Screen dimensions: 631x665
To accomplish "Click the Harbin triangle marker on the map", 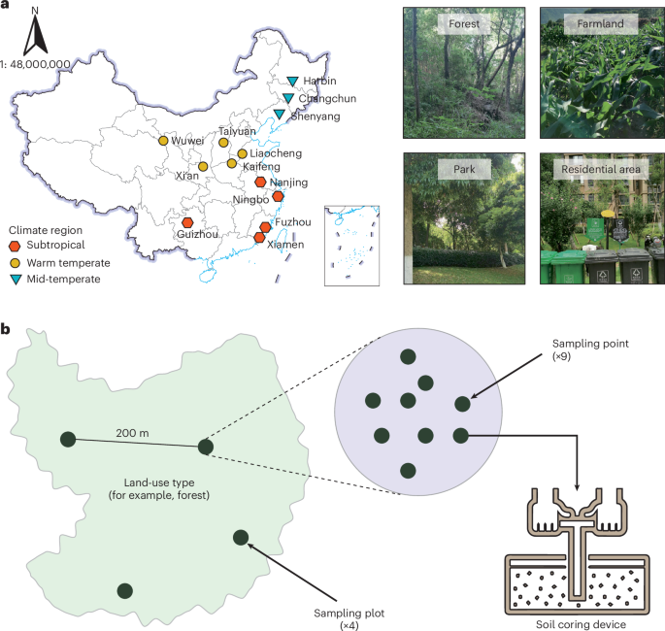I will click(x=294, y=81).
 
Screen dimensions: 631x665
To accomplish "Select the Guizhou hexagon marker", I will click(x=186, y=223).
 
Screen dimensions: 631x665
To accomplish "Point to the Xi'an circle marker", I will click(x=203, y=167).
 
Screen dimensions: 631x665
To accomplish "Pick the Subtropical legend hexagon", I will click(x=16, y=247).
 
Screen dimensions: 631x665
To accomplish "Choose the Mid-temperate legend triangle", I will click(x=16, y=280).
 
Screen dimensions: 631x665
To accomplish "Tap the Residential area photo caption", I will click(x=596, y=170).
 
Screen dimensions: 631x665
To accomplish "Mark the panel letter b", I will click(x=7, y=331).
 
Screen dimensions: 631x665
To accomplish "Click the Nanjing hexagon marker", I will click(x=260, y=183).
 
